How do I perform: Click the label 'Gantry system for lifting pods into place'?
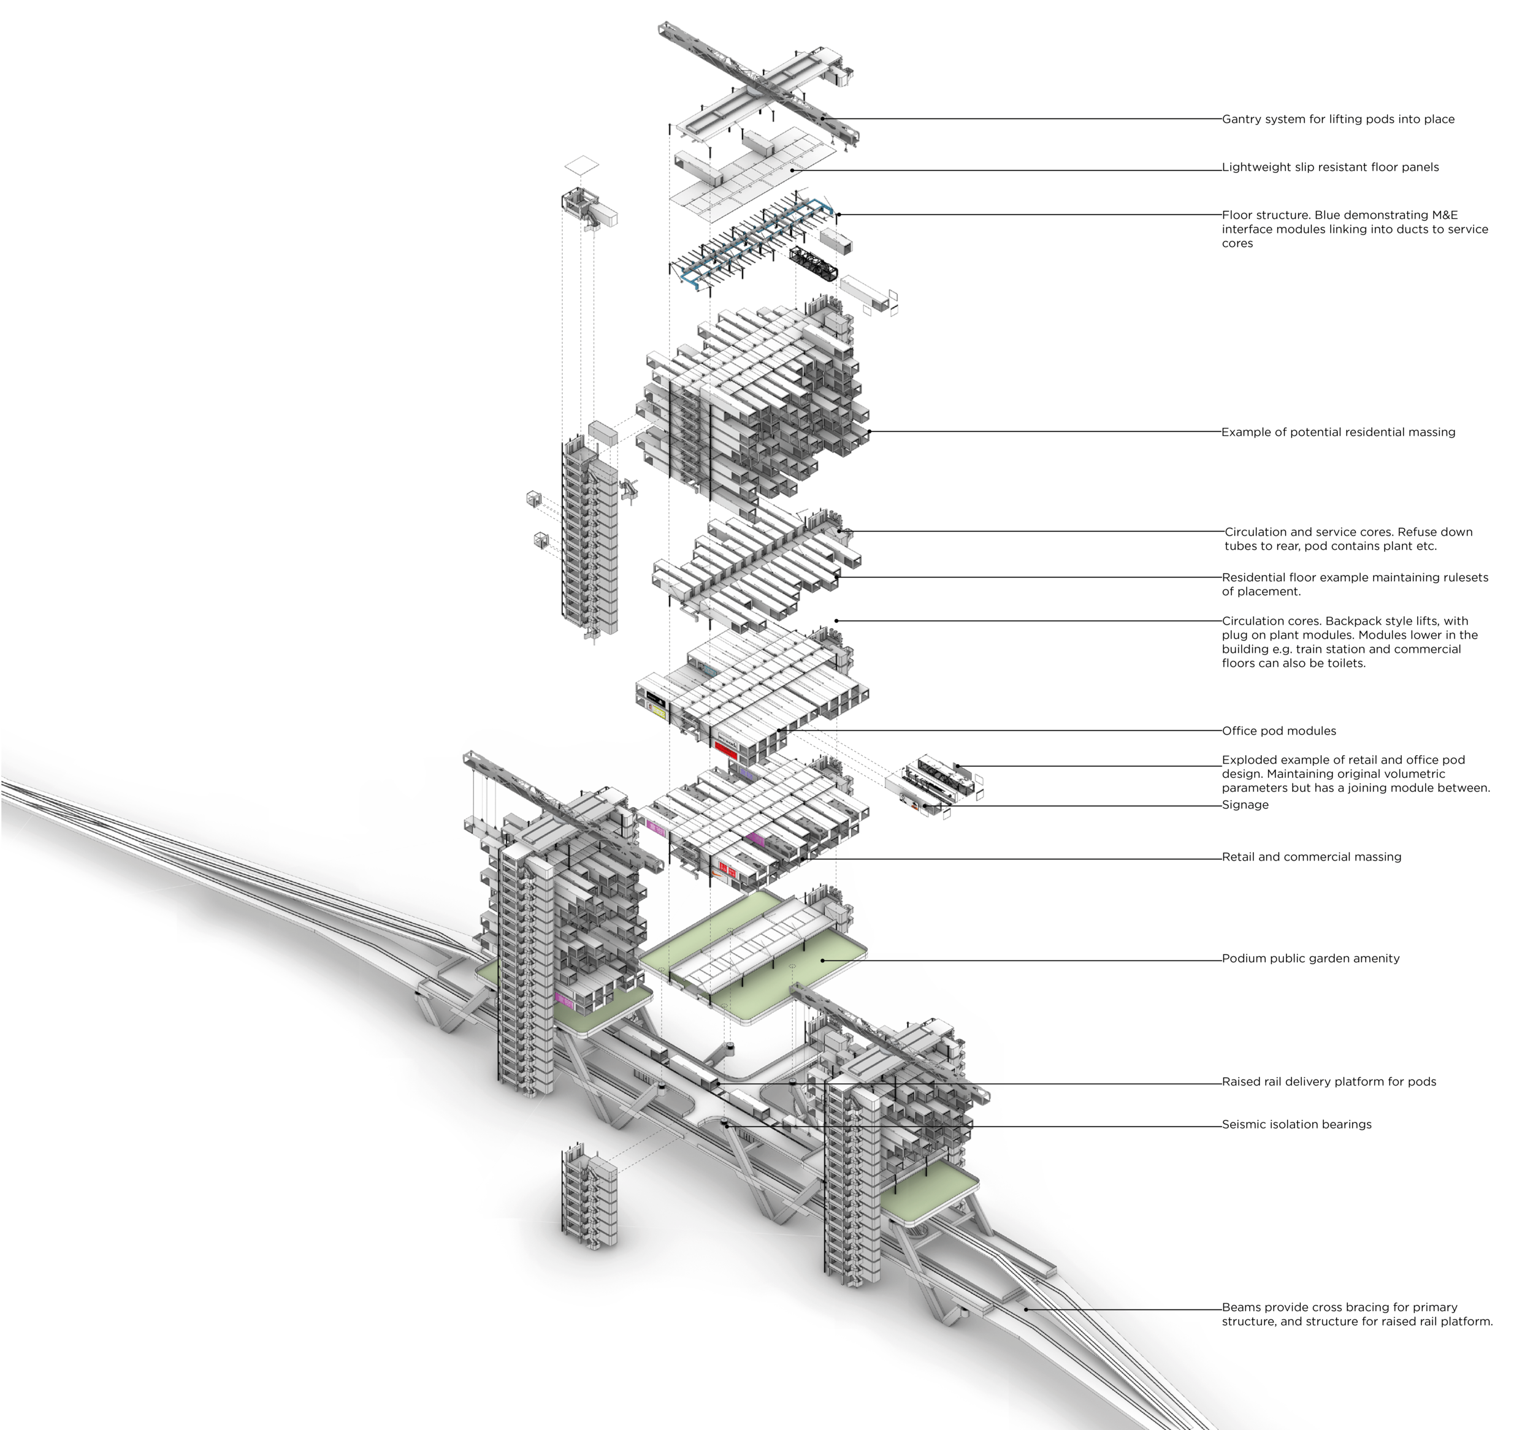click(x=1337, y=120)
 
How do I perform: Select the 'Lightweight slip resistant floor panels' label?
click(x=1329, y=167)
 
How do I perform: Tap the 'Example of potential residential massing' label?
click(x=1338, y=433)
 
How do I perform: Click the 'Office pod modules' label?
click(x=1279, y=731)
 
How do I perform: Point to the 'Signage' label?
click(x=1245, y=805)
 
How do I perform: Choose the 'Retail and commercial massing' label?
click(x=1311, y=858)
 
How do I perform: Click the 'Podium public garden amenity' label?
click(x=1310, y=959)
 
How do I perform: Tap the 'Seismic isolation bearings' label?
click(x=1296, y=1125)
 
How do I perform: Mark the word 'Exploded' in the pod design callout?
click(x=1250, y=760)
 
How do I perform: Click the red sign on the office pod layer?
click(x=725, y=747)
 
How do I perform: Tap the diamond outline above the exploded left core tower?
click(x=581, y=165)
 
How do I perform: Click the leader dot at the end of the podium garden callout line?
click(x=823, y=960)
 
